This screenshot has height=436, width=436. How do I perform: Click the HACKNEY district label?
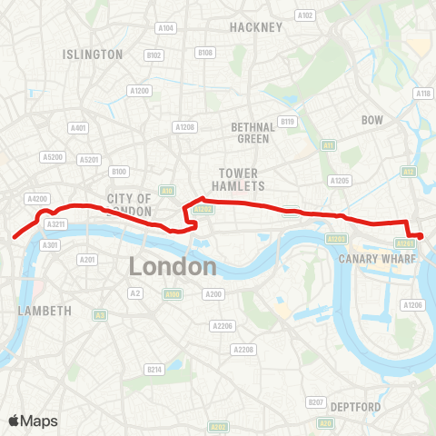pyautogui.click(x=256, y=27)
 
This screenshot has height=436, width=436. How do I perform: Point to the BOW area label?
pyautogui.click(x=372, y=120)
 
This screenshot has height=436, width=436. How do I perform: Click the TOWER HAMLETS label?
pyautogui.click(x=240, y=179)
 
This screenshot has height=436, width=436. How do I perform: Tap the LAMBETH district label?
pyautogui.click(x=45, y=311)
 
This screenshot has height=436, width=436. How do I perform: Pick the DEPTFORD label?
pyautogui.click(x=354, y=405)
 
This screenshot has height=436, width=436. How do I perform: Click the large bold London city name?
pyautogui.click(x=173, y=266)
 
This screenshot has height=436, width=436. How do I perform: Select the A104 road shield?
pyautogui.click(x=165, y=28)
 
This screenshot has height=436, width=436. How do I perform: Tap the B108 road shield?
pyautogui.click(x=205, y=54)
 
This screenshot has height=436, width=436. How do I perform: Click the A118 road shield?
pyautogui.click(x=422, y=94)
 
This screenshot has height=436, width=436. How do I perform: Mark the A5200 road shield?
pyautogui.click(x=53, y=157)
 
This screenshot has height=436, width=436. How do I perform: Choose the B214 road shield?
pyautogui.click(x=154, y=370)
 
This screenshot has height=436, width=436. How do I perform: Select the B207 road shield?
pyautogui.click(x=316, y=401)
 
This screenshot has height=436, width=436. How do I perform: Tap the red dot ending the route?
pyautogui.click(x=419, y=237)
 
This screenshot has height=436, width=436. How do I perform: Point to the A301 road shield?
pyautogui.click(x=51, y=244)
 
